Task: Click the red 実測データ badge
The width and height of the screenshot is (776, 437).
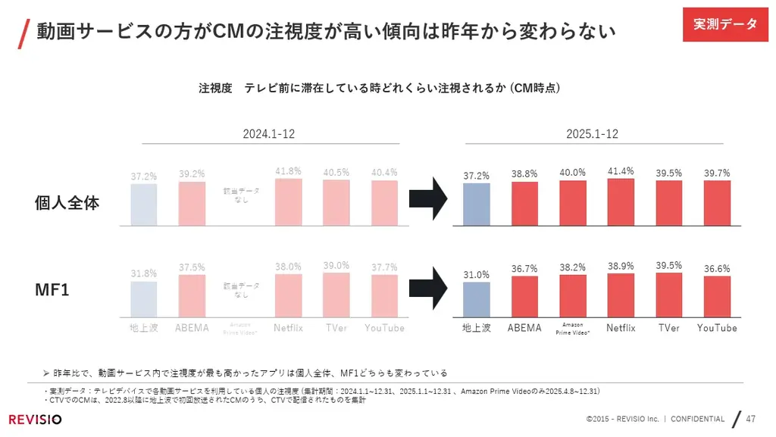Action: coord(725,24)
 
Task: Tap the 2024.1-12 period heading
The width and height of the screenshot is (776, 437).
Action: coord(268,134)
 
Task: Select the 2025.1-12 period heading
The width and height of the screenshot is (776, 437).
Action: coord(592,134)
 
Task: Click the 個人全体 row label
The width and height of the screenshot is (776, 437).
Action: coord(67,203)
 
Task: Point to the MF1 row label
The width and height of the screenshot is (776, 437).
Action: coord(52,289)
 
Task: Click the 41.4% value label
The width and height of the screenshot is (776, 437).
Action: coord(621,171)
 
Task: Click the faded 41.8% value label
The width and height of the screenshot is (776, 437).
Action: coord(288,171)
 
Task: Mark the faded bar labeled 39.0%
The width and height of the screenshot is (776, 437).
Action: coord(336,295)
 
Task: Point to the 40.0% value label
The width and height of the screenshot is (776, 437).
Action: coord(572,173)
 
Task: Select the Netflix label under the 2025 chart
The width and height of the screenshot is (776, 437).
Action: coord(621,328)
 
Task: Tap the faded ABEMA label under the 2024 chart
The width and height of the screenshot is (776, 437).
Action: coord(192,328)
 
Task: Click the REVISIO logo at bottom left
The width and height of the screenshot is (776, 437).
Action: coord(36,420)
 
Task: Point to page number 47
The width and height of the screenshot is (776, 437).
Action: coord(751,419)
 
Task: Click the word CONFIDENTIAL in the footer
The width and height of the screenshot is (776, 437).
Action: coord(698,420)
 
